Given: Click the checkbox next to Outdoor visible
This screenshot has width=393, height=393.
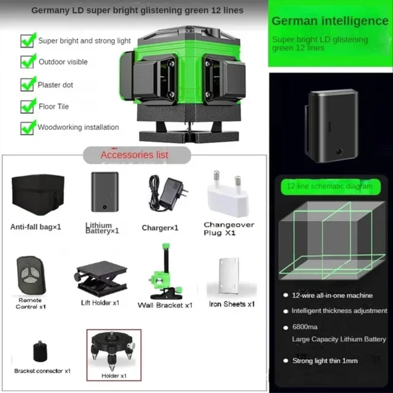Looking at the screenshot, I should (x=27, y=62).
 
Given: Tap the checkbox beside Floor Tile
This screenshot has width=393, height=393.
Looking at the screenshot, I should (x=27, y=107).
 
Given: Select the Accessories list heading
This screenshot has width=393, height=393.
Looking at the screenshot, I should (x=134, y=155).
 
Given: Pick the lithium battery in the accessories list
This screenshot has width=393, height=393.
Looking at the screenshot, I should (x=105, y=192).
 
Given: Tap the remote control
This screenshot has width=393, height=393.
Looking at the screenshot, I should (x=31, y=275).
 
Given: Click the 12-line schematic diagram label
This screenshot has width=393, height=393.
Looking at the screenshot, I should (x=330, y=187).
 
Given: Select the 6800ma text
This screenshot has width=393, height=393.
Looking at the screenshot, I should (x=305, y=327).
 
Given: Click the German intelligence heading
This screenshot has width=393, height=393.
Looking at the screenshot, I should (x=330, y=21).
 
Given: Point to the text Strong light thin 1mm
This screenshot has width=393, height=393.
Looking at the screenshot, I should (x=325, y=361).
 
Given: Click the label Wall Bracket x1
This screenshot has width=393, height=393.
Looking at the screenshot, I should (x=165, y=305).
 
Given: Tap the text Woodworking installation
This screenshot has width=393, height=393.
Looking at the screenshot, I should (x=78, y=127).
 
